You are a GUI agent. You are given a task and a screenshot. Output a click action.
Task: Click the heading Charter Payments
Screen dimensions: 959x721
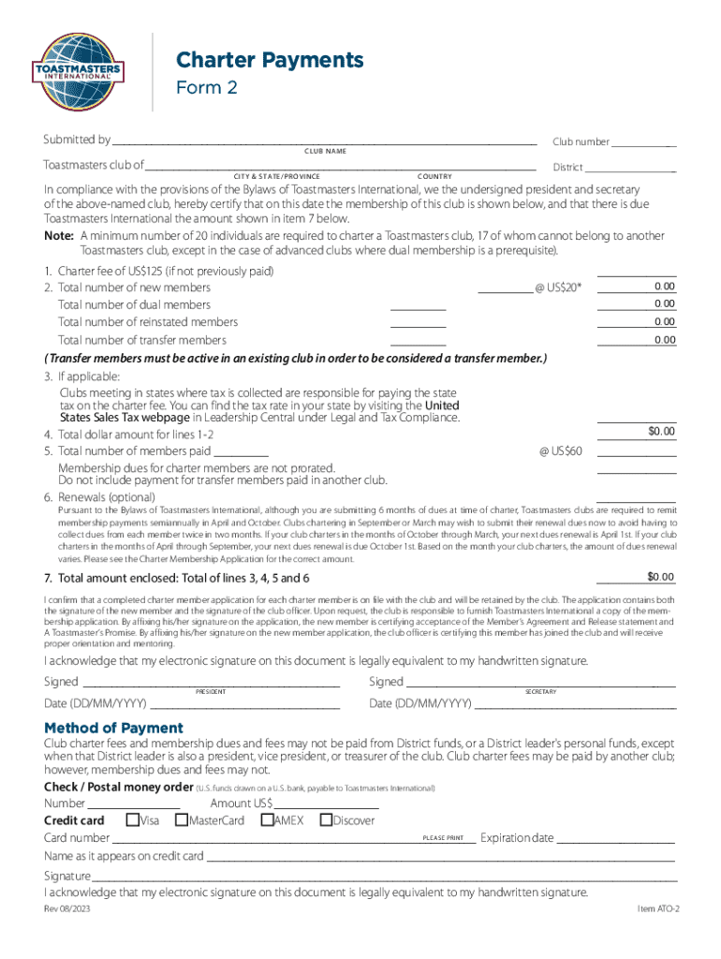tap(270, 61)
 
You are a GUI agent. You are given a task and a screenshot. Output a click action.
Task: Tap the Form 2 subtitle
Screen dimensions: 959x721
tap(207, 88)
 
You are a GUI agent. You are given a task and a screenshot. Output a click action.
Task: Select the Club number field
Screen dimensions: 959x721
tap(644, 141)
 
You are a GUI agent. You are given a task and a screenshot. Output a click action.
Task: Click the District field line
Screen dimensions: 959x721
tap(631, 168)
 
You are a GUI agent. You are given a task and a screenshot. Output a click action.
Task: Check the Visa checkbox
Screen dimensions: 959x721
tap(133, 820)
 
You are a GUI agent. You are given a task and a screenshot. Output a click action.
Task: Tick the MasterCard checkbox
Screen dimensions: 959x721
tap(182, 820)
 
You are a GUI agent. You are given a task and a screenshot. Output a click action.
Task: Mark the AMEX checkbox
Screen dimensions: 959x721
tap(267, 820)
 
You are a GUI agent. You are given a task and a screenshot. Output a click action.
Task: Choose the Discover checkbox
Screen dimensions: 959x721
tap(326, 820)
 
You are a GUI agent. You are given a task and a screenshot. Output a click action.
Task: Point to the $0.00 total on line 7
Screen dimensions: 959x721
tap(660, 576)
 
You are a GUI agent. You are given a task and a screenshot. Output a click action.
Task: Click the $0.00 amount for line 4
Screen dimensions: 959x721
tap(661, 432)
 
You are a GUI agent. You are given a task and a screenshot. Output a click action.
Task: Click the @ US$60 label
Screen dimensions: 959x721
tap(561, 450)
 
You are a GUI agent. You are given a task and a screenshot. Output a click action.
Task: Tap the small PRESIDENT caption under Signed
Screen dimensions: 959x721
tap(210, 691)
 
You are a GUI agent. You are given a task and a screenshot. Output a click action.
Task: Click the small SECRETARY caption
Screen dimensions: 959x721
tap(540, 691)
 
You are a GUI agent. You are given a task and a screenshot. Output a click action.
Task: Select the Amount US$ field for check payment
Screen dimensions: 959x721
tap(326, 804)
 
